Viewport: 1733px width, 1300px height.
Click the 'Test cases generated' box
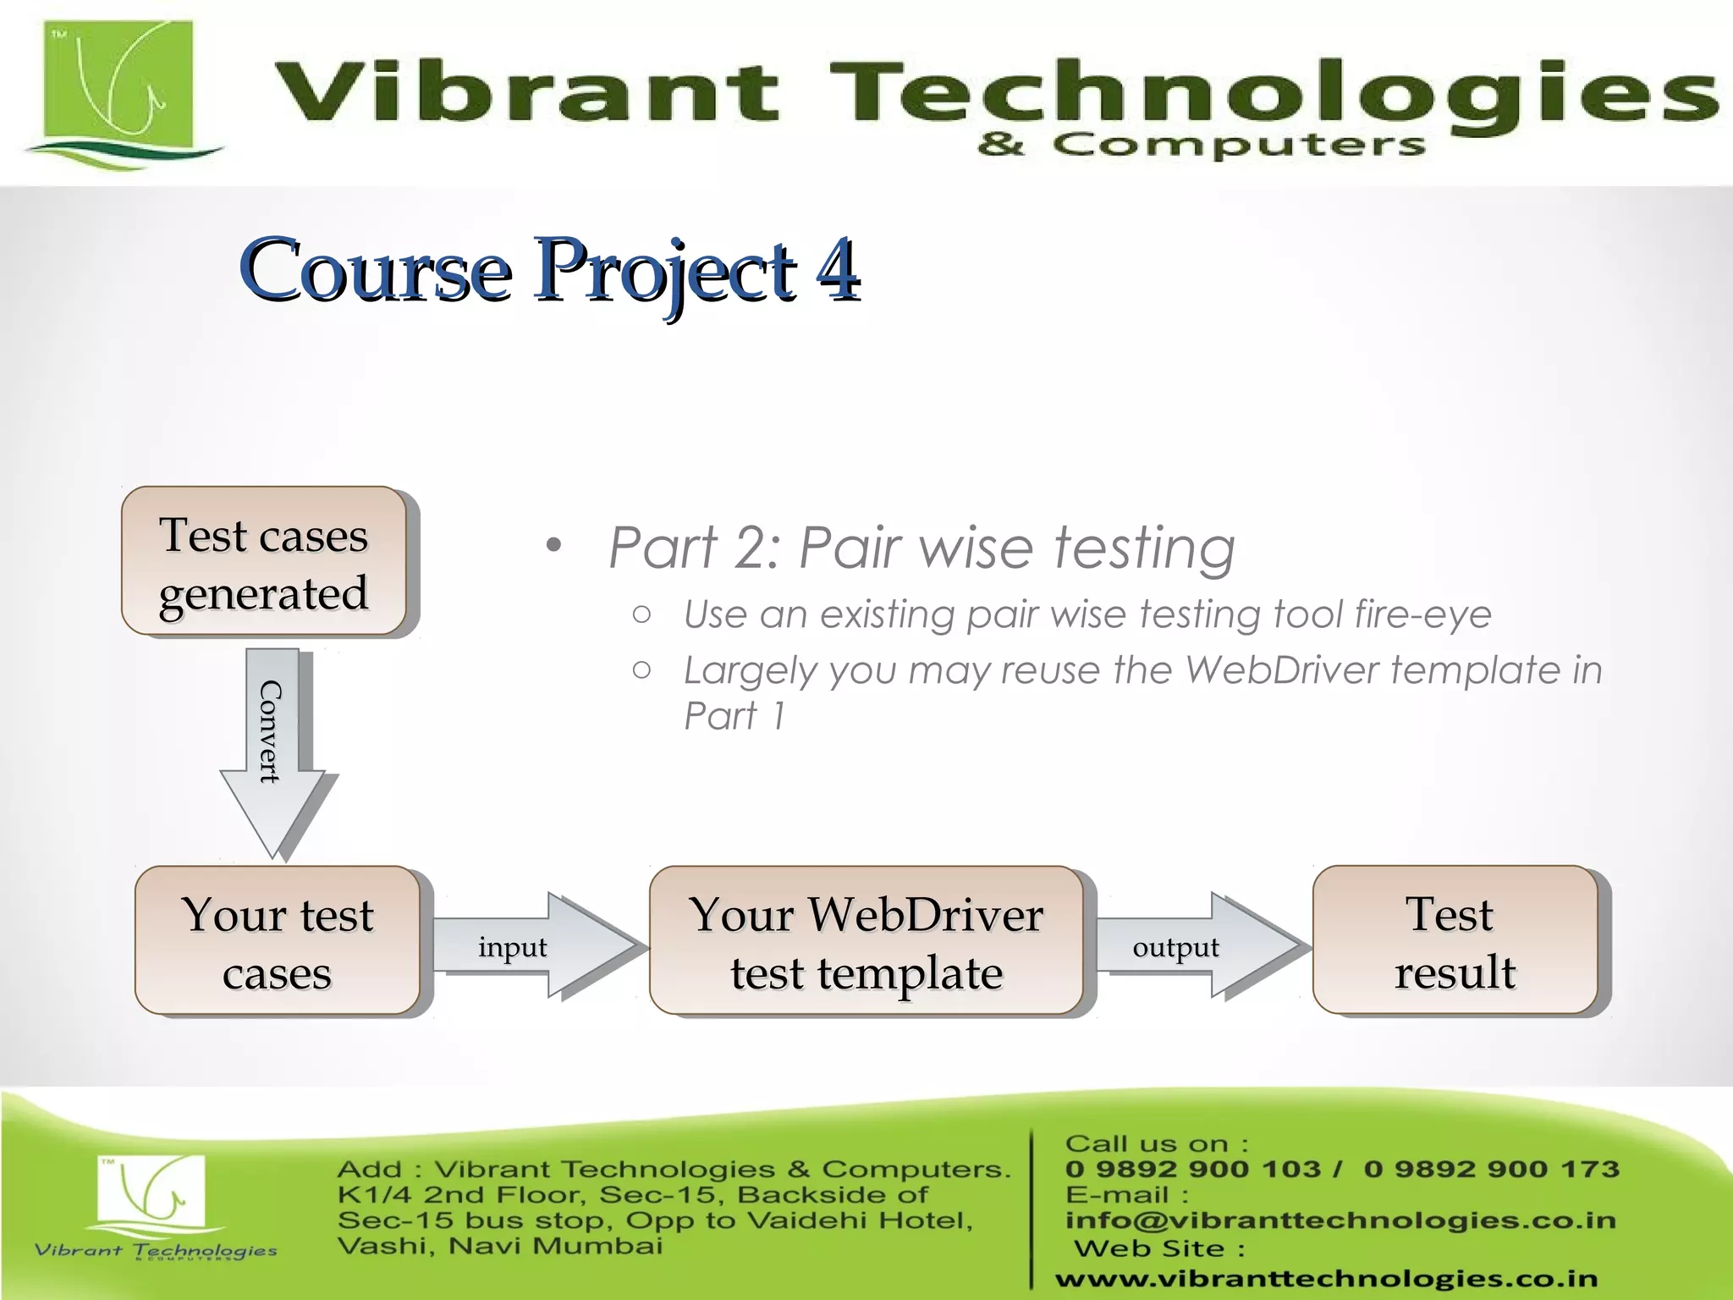point(264,561)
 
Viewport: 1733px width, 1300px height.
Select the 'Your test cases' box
point(278,940)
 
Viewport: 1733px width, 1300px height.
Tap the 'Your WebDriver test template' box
point(866,940)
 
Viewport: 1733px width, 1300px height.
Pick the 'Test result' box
point(1455,940)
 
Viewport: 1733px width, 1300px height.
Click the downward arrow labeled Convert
point(272,745)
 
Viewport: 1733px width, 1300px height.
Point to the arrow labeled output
point(1193,946)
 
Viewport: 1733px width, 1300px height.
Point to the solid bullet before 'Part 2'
point(553,546)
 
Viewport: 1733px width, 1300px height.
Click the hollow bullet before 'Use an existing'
point(642,614)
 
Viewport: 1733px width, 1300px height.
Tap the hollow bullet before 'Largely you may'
point(642,670)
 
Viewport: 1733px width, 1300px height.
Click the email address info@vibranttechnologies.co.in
point(1340,1220)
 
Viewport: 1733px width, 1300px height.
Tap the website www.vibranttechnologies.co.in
point(1326,1278)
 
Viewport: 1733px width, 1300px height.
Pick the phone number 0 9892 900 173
point(1491,1169)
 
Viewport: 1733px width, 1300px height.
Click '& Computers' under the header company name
point(1202,145)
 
